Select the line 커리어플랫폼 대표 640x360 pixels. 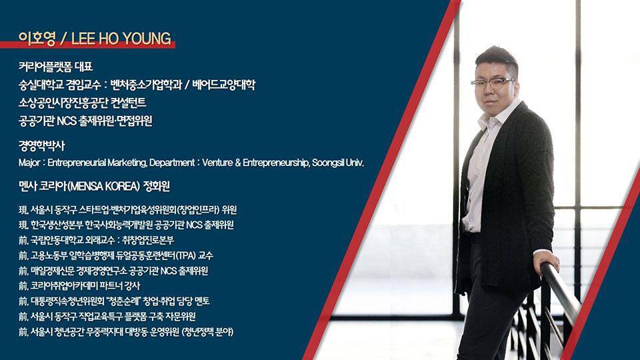pyautogui.click(x=55, y=67)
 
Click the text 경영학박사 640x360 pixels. pyautogui.click(x=41, y=146)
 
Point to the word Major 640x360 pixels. pyautogui.click(x=29, y=163)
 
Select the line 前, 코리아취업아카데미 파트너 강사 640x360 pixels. pyautogui.click(x=79, y=286)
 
